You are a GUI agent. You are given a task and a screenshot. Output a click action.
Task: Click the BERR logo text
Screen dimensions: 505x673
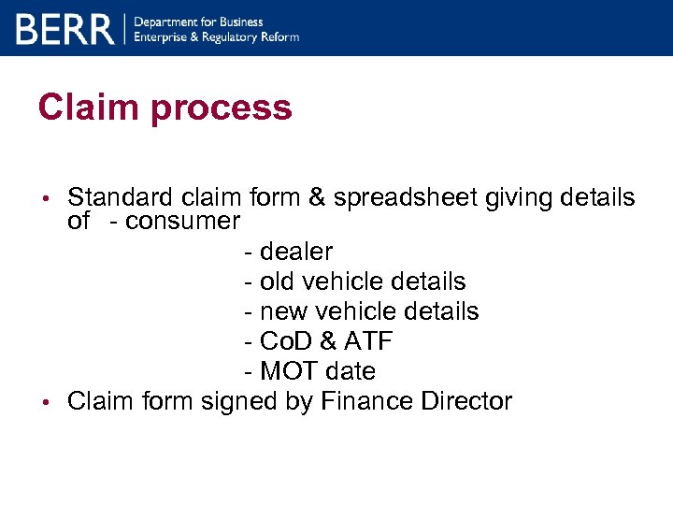(64, 29)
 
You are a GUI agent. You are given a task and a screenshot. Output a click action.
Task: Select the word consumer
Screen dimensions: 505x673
(182, 221)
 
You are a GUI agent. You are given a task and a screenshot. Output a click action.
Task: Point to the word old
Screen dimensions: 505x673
(278, 281)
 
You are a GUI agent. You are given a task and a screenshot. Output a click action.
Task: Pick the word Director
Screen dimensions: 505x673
(463, 401)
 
